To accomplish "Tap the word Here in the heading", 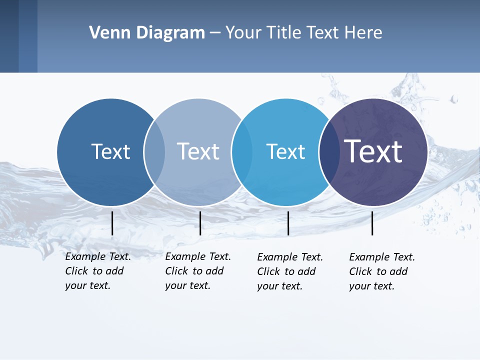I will pos(363,33).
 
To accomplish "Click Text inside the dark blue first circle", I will pos(110,151).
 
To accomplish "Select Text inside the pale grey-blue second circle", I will pos(198,151).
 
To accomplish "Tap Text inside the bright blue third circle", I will pos(285,151).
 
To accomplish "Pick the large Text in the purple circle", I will pos(373,151).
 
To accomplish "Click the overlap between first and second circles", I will pos(154,152).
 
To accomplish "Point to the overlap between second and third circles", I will pos(242,152).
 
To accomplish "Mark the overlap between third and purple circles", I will pos(328,152).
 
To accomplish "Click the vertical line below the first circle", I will pos(112,223).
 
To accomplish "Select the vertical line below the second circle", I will pos(200,223).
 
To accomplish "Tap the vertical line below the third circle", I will pos(288,223).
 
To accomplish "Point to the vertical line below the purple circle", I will pos(372,223).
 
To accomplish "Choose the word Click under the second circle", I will pos(176,271).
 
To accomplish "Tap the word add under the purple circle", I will pos(398,271).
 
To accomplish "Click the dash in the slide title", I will pos(215,33).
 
